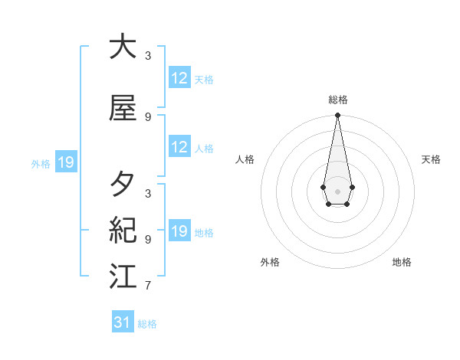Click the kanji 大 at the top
[x=123, y=47]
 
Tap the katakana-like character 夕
[x=123, y=185]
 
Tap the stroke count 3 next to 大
[x=148, y=56]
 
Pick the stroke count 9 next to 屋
[x=148, y=117]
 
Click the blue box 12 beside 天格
[x=179, y=79]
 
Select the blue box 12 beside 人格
[x=179, y=148]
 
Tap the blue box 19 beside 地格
[x=179, y=232]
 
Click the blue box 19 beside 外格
[x=65, y=162]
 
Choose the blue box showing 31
[x=123, y=322]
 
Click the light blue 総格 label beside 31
[x=147, y=324]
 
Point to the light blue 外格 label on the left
[x=41, y=163]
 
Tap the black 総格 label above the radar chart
[x=338, y=100]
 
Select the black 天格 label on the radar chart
[x=431, y=159]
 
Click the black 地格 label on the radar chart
[x=402, y=262]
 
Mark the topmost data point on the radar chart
[x=337, y=115]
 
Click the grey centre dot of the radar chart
[x=337, y=190]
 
